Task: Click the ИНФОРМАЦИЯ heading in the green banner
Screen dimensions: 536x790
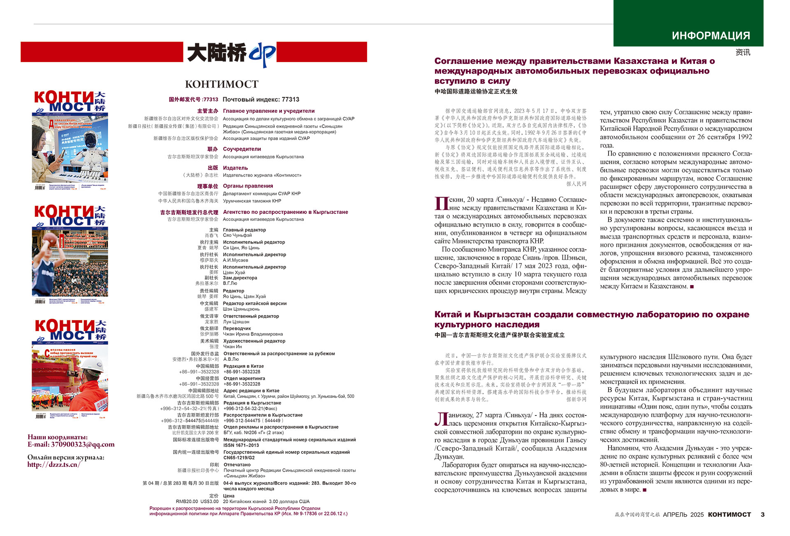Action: point(711,36)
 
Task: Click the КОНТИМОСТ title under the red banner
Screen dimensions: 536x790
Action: point(221,84)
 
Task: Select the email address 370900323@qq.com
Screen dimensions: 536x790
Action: point(83,444)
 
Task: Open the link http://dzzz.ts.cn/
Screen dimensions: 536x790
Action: point(54,464)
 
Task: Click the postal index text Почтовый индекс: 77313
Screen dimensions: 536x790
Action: point(261,100)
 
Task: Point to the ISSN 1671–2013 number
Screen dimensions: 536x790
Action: point(241,445)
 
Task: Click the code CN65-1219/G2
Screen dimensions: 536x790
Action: point(239,457)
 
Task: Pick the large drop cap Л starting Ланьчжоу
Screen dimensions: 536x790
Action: point(441,419)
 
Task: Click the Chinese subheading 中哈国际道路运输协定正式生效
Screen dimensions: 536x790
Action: point(476,91)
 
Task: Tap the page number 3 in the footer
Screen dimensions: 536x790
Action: point(762,515)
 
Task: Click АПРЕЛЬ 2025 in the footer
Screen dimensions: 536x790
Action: point(683,515)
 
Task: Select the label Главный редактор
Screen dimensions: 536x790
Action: point(244,230)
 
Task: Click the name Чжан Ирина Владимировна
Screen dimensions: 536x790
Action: point(253,334)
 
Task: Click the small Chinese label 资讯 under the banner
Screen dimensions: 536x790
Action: point(743,52)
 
